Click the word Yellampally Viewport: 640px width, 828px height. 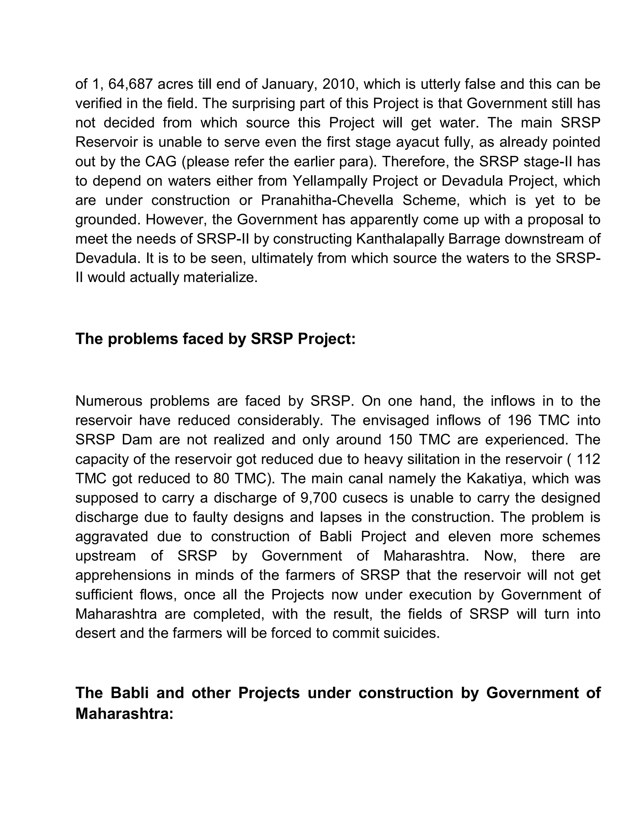[x=330, y=181]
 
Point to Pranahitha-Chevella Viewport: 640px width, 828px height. [x=327, y=200]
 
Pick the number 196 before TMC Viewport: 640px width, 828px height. [x=517, y=421]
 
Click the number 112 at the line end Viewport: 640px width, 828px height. [x=588, y=459]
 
